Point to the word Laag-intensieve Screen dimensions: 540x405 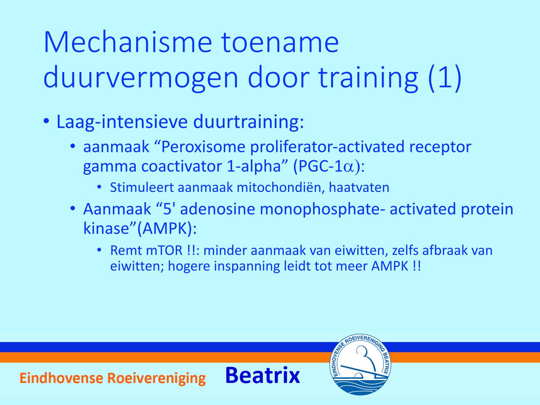[x=122, y=122]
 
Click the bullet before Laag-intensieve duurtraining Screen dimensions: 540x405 [x=46, y=121]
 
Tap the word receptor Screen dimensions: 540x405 [x=440, y=147]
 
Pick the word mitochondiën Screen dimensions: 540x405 [x=281, y=187]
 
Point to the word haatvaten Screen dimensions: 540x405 [x=359, y=187]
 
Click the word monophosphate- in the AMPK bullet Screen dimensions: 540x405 [x=322, y=210]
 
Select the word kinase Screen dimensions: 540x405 [x=106, y=229]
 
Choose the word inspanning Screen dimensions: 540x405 [x=247, y=267]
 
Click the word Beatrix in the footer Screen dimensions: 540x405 [x=262, y=375]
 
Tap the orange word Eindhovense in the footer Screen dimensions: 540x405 [x=61, y=378]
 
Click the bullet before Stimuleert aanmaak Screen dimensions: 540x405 [x=99, y=187]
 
